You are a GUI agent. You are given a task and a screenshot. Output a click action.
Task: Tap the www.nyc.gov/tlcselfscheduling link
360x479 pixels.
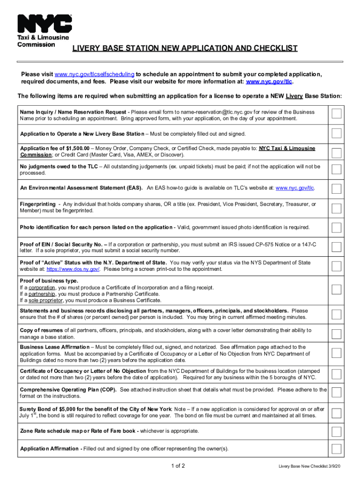(95, 74)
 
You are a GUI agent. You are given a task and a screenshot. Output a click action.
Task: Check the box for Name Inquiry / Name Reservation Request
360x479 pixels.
(336, 115)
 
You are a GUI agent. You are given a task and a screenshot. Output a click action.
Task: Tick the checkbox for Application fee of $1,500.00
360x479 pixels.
(336, 152)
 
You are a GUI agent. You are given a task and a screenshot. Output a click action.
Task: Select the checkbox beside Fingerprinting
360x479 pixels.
(336, 208)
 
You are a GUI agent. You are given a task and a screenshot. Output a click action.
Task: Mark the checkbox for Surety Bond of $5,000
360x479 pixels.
(336, 413)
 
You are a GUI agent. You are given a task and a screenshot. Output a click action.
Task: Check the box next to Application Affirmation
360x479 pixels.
(336, 449)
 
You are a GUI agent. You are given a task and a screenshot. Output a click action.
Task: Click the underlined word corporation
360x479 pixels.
(42, 288)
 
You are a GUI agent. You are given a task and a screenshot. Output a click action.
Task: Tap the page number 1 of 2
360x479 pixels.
(179, 466)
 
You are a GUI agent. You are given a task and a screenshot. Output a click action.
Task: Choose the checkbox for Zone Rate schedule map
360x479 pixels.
(336, 431)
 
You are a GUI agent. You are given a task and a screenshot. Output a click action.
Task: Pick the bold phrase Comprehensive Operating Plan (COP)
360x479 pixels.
(69, 390)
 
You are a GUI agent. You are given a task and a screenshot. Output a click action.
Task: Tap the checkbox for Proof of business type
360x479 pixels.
(336, 289)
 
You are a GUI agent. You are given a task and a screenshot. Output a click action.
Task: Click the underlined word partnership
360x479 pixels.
(42, 294)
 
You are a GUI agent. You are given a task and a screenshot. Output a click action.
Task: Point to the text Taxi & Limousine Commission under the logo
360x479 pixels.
(43, 41)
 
